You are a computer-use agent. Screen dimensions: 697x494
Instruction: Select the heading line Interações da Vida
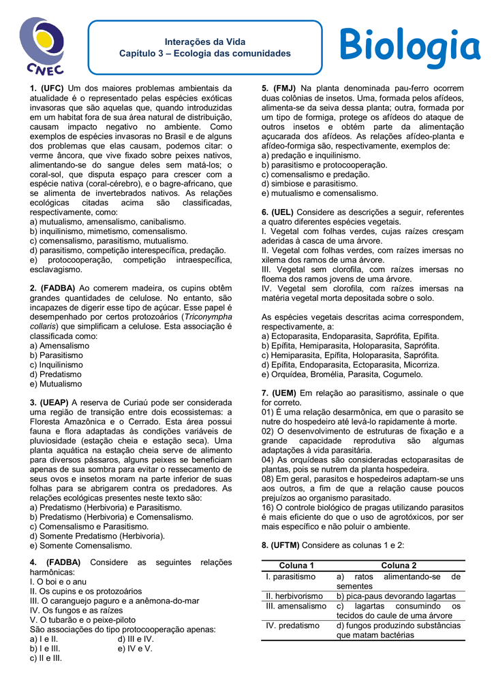[205, 42]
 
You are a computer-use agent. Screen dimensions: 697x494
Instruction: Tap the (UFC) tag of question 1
[52, 88]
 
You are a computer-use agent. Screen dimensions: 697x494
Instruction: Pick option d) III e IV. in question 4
[136, 639]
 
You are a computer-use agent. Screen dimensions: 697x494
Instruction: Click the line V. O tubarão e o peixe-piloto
[82, 620]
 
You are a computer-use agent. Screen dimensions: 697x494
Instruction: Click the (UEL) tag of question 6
[282, 212]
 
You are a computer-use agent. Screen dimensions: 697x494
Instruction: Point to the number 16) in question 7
[268, 508]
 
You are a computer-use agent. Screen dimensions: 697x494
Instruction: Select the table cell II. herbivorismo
[294, 596]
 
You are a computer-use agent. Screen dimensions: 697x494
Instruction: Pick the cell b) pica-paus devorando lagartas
[396, 596]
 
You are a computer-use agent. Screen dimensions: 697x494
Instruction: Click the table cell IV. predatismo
[292, 626]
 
